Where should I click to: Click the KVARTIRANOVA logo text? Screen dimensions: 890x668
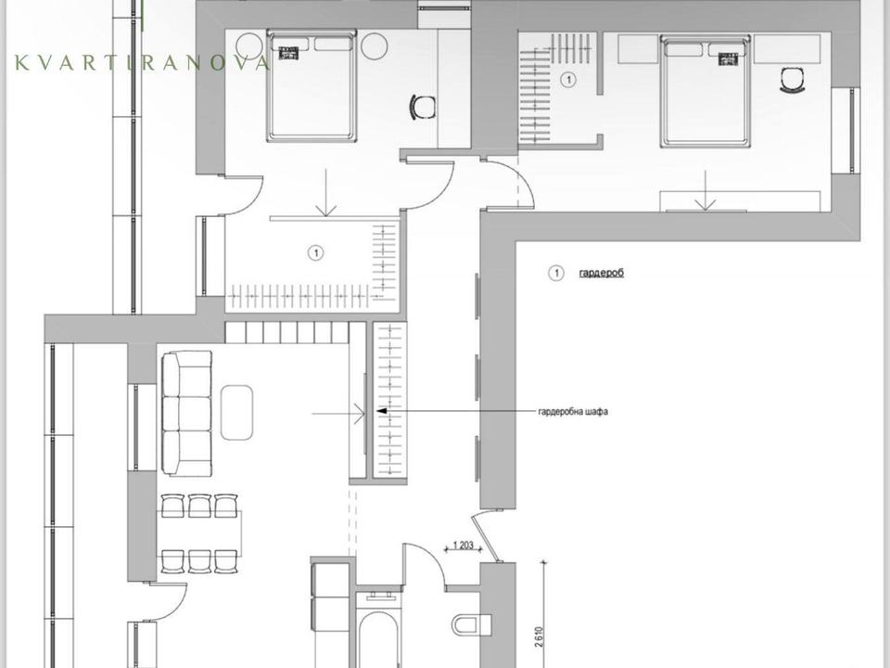point(142,62)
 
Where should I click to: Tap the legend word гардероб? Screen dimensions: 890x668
point(601,273)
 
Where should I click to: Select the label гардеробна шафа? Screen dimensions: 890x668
point(573,411)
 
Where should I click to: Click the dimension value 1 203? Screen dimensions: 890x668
point(464,546)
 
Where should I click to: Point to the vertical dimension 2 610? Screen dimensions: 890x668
point(540,636)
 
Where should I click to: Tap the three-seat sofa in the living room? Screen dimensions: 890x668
point(186,414)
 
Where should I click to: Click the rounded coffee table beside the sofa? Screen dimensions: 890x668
point(236,412)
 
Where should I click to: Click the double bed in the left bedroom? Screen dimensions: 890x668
point(311,85)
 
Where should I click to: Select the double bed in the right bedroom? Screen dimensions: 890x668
point(705,91)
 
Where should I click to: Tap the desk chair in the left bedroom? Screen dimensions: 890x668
point(423,107)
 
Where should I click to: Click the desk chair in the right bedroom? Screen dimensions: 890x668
point(793,80)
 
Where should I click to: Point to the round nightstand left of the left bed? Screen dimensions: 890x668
point(248,45)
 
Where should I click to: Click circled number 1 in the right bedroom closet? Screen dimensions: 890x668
point(568,80)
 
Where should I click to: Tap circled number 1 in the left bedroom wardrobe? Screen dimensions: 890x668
point(315,252)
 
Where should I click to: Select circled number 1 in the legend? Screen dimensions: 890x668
point(556,273)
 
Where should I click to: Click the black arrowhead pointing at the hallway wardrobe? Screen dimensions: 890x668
point(381,410)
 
